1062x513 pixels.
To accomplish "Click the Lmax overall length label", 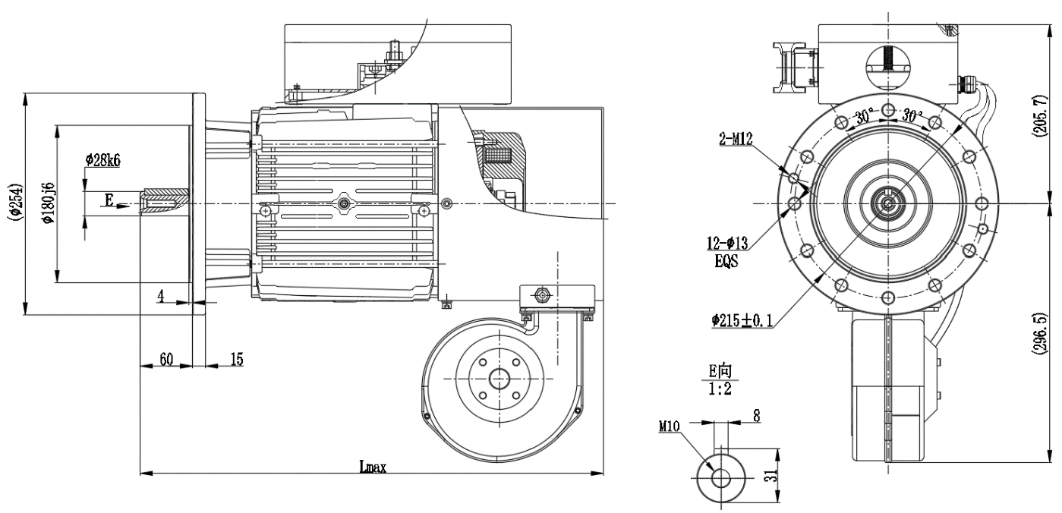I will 373,467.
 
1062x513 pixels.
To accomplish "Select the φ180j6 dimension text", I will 49,203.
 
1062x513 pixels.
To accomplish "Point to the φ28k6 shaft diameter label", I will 103,160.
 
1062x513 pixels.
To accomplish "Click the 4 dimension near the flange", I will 161,296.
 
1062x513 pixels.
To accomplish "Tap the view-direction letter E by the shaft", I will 109,200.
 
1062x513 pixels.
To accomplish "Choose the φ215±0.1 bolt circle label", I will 742,321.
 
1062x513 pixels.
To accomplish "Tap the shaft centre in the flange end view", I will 887,203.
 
